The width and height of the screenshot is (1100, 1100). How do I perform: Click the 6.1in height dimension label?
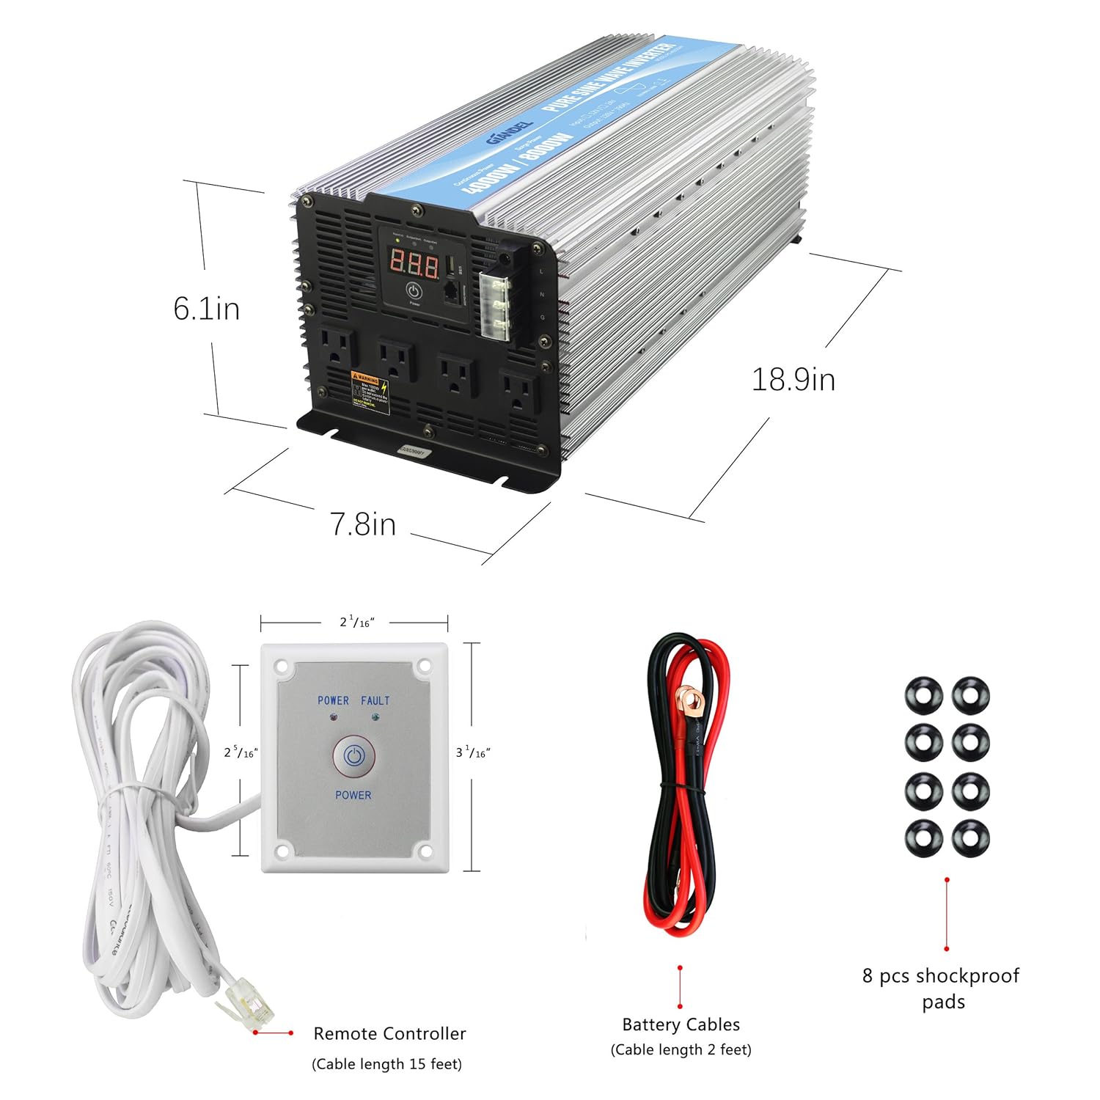tap(206, 309)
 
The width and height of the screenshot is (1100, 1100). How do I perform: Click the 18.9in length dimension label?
tap(793, 380)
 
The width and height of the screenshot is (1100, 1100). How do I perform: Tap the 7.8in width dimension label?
tap(362, 524)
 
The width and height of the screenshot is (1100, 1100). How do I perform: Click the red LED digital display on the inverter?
tap(414, 263)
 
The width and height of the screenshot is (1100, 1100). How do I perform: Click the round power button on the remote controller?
tap(354, 756)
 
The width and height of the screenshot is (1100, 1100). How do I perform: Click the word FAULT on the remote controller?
tap(375, 700)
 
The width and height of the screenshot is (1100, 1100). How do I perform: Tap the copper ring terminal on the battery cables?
tap(689, 700)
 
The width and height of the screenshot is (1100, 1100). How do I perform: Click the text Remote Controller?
tap(389, 1033)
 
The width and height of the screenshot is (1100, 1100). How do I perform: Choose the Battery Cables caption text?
tap(681, 1024)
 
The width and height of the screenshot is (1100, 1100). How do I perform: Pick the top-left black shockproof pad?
tap(923, 694)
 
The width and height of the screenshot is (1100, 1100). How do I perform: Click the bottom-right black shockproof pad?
tap(970, 837)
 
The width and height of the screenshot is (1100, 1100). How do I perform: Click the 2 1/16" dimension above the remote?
tap(356, 623)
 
